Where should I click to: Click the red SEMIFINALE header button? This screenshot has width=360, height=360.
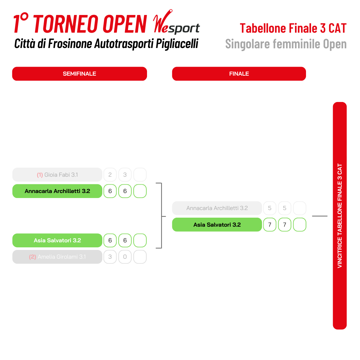[79, 74]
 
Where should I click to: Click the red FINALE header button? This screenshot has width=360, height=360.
[239, 74]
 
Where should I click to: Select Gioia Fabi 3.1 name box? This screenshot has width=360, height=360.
[57, 175]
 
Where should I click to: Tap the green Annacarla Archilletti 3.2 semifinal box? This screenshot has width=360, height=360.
[57, 191]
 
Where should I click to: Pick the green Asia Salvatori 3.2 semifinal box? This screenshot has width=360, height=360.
[57, 240]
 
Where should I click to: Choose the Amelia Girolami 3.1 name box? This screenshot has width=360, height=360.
[57, 257]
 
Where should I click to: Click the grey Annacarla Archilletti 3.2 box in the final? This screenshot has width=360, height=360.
[217, 208]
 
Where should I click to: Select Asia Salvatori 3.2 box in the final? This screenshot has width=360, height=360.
[217, 225]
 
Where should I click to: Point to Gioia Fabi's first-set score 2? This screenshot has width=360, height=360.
[110, 175]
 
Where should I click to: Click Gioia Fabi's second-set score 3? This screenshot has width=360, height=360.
[125, 175]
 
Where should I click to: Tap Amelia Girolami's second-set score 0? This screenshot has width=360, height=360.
[125, 257]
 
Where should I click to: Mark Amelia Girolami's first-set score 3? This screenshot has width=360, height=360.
[110, 257]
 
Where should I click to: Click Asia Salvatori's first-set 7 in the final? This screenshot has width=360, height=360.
[270, 225]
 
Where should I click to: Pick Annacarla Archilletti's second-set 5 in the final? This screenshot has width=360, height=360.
[284, 208]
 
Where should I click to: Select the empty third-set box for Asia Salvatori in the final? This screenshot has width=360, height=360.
[300, 225]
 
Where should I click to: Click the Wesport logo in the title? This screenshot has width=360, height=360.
[176, 22]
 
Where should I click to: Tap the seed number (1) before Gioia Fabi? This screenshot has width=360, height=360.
[40, 175]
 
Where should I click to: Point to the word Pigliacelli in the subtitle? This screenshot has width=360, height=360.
[177, 44]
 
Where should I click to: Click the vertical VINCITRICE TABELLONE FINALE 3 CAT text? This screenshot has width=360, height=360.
[340, 216]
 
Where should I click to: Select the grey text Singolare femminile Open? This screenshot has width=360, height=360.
[286, 44]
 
